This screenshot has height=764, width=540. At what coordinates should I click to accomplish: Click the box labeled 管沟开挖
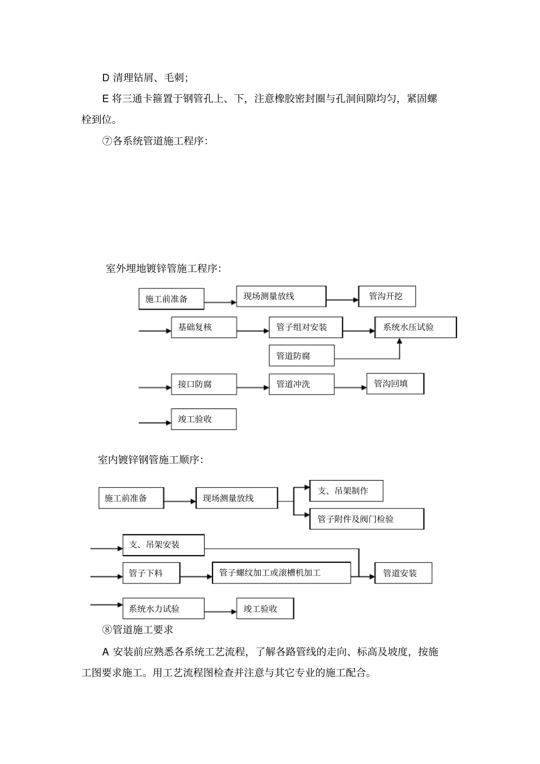(x=387, y=297)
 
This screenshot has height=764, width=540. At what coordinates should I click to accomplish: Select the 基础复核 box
(x=203, y=327)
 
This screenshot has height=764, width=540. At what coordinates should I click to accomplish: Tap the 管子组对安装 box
(x=305, y=327)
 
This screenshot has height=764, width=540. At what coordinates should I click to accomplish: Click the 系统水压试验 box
(x=415, y=327)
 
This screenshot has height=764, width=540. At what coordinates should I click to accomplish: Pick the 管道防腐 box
(x=301, y=356)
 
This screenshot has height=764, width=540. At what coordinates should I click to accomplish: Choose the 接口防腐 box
(x=203, y=384)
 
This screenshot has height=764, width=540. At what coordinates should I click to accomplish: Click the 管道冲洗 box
(x=301, y=384)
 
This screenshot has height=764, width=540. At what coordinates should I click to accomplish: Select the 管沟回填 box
(x=395, y=383)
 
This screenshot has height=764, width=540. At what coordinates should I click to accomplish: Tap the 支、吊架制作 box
(x=346, y=491)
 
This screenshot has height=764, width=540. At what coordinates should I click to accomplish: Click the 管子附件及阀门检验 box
(x=367, y=519)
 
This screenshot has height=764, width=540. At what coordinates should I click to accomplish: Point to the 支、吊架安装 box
(x=163, y=545)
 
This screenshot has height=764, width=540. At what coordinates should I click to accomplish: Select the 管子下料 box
(x=151, y=573)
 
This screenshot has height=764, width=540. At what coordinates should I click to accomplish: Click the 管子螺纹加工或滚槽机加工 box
(x=281, y=573)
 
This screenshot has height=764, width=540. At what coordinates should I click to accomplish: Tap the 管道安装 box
(x=403, y=573)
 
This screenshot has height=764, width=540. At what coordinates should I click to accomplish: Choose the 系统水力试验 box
(x=163, y=608)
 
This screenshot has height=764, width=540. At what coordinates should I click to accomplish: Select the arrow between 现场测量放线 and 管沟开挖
(x=342, y=299)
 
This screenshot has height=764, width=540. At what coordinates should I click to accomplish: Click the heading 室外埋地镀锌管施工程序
(x=164, y=268)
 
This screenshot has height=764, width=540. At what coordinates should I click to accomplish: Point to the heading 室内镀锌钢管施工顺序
(x=151, y=460)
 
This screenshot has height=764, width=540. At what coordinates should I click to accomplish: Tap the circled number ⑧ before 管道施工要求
(x=107, y=629)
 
